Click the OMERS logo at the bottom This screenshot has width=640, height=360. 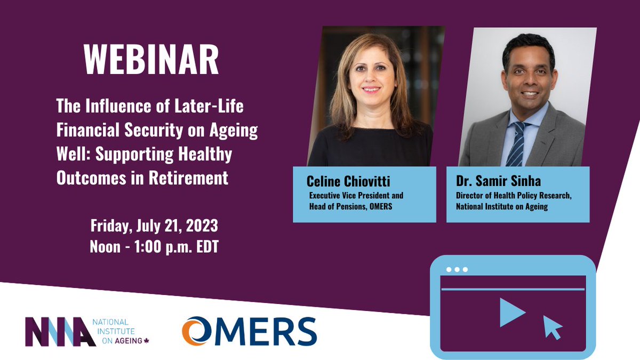249,331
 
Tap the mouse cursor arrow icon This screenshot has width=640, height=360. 553,327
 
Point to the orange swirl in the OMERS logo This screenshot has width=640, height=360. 193,331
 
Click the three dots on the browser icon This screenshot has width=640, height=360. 457,269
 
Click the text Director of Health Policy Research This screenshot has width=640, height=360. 514,196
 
